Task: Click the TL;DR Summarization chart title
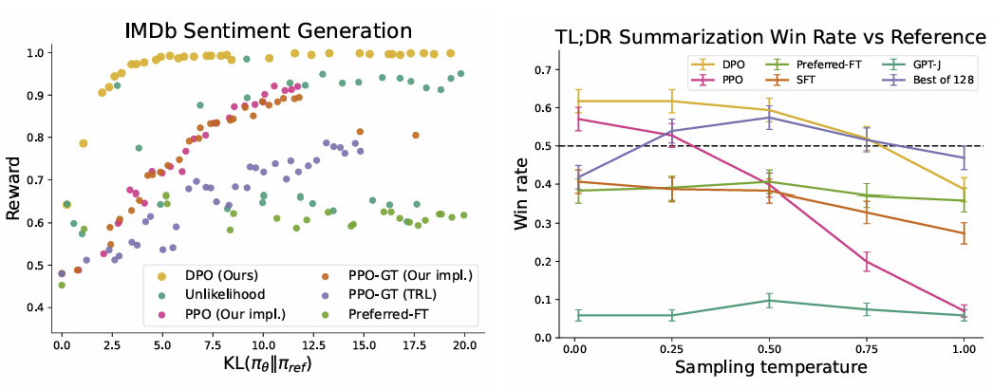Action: click(x=770, y=38)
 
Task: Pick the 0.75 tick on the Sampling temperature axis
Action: click(x=865, y=351)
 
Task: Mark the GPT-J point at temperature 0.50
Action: click(x=767, y=301)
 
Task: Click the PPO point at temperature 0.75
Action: click(x=865, y=262)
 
